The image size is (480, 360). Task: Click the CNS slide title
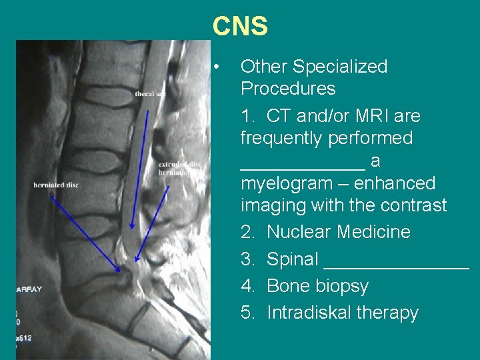240,27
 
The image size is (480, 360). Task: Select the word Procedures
288,89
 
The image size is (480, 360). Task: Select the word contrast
413,205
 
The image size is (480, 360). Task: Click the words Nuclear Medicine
338,232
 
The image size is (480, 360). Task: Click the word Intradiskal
308,313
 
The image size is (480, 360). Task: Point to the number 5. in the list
248,313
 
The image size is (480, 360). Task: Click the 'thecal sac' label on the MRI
150,94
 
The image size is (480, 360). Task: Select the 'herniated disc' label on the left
56,185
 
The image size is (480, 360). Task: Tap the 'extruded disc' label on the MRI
179,164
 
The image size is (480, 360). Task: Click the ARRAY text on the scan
29,289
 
